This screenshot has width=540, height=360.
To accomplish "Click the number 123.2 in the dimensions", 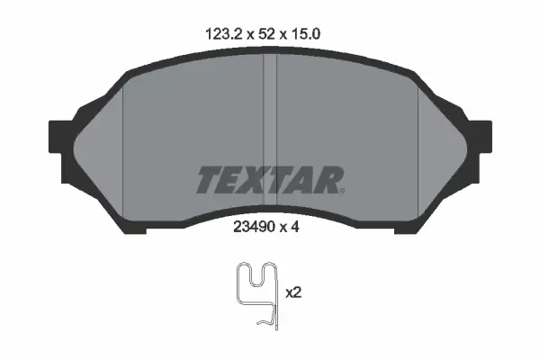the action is (224, 34).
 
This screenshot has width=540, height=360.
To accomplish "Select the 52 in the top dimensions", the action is (266, 34).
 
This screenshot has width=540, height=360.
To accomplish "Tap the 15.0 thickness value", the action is (305, 34).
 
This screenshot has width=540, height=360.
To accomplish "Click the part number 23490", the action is (254, 227).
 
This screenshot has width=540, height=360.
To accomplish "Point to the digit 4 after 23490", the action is (294, 227).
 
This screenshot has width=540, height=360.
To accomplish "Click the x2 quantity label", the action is (293, 293).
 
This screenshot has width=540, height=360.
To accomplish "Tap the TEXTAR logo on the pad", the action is (270, 180).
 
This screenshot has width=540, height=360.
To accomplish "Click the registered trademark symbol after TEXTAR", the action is (342, 191).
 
